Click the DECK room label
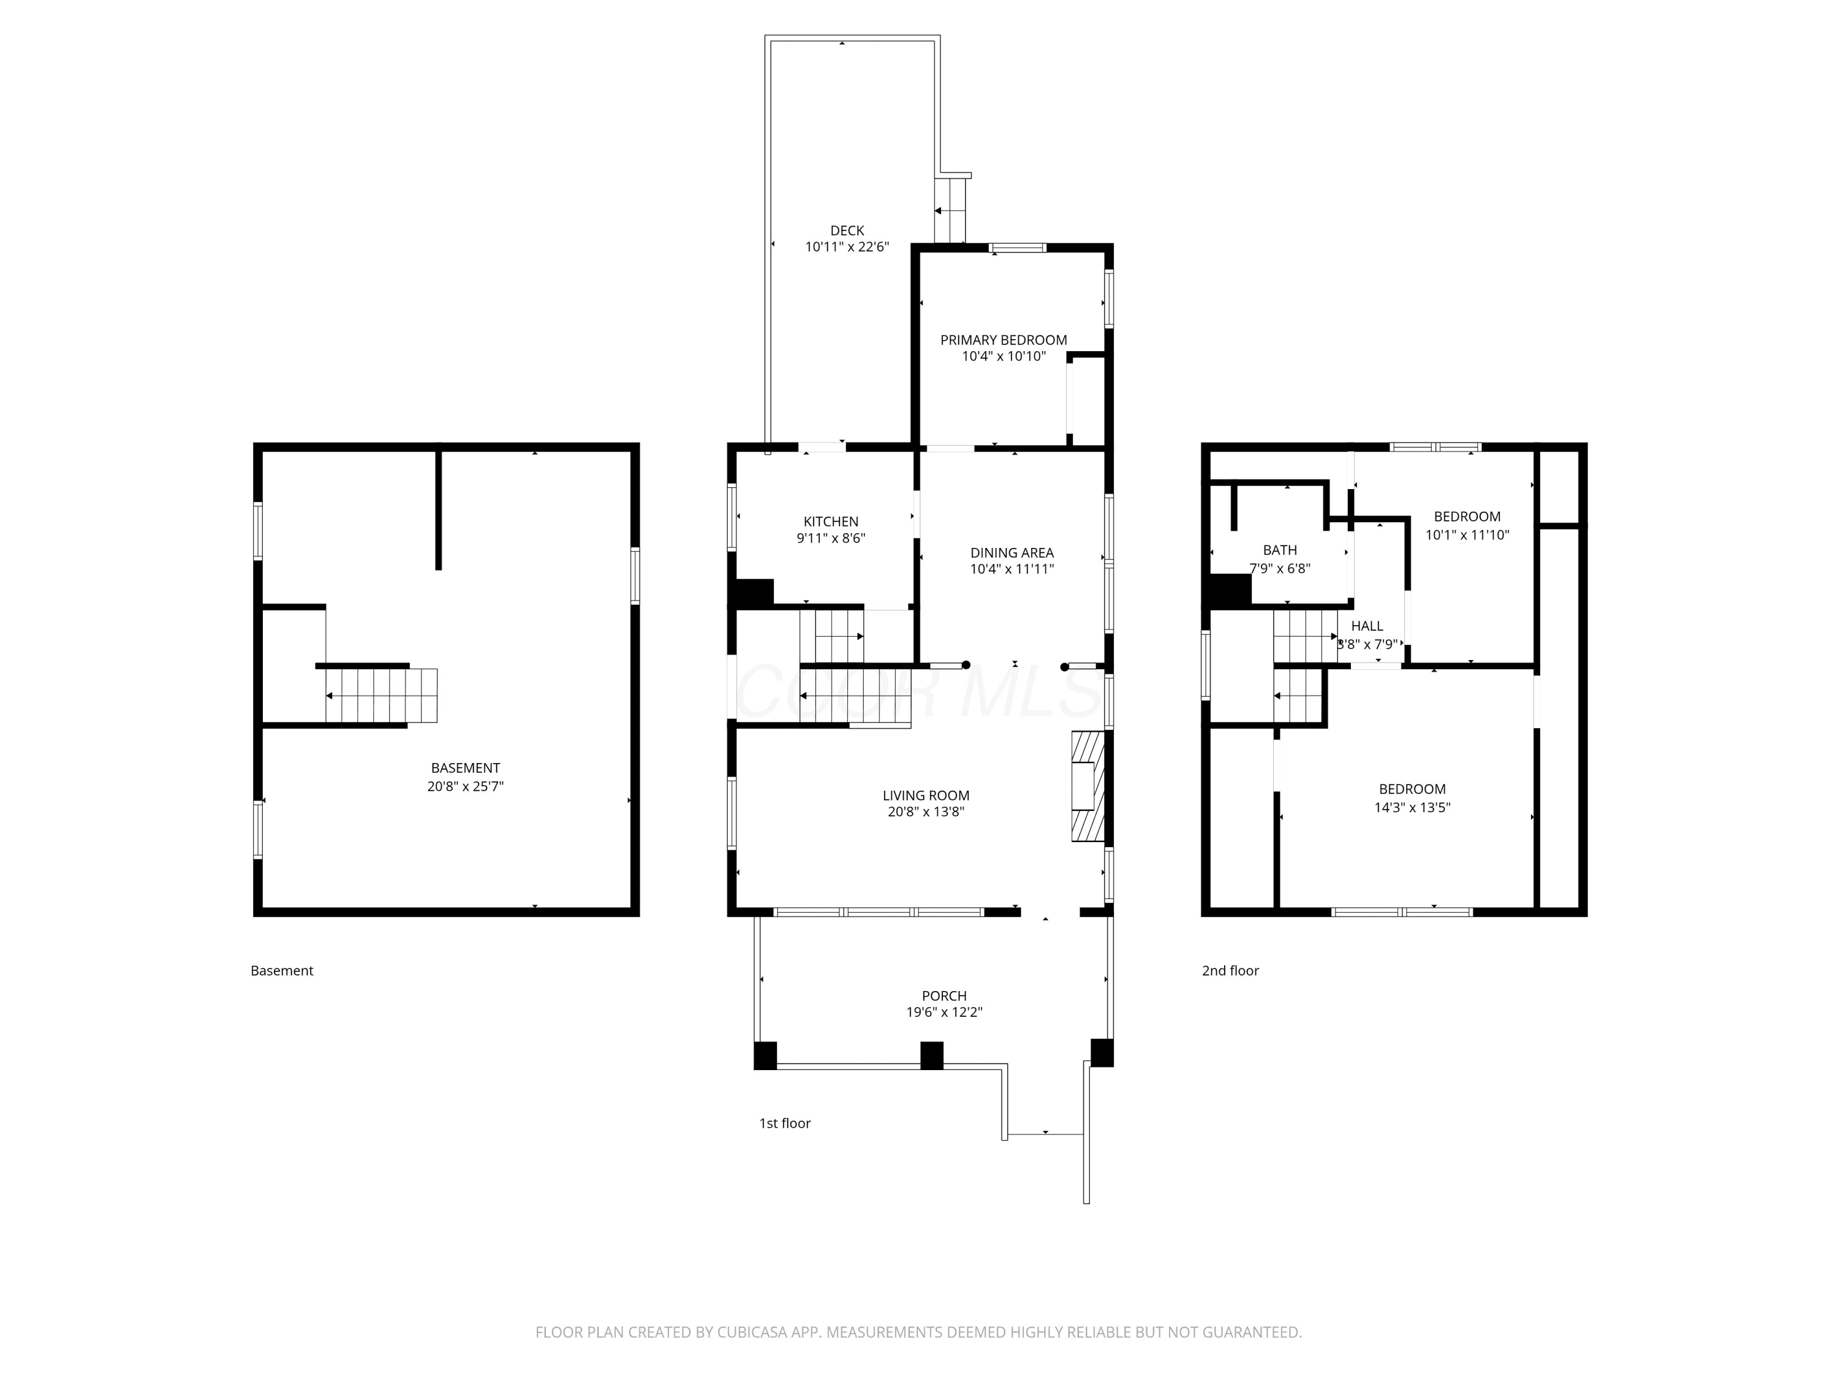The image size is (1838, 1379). point(847,230)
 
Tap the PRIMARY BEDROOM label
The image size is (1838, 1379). point(1004,340)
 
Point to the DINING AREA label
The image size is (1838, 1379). point(1012,553)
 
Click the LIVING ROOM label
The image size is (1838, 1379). point(926,796)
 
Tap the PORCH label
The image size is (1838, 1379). point(944,996)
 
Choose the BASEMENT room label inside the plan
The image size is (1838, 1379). point(465,768)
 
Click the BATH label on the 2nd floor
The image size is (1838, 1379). point(1280,550)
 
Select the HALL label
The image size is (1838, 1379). point(1367,626)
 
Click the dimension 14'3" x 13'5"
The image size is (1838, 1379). point(1413,807)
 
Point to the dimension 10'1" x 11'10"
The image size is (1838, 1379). point(1467,535)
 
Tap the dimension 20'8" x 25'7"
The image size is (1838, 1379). point(465,786)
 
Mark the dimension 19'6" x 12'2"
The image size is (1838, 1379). point(944,1012)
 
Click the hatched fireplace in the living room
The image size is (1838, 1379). point(1087,786)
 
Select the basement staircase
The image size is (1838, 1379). point(382,695)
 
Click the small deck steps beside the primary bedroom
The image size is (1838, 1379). point(951,210)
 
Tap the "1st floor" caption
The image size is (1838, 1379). point(784,1123)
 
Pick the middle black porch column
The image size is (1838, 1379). point(931,1055)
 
